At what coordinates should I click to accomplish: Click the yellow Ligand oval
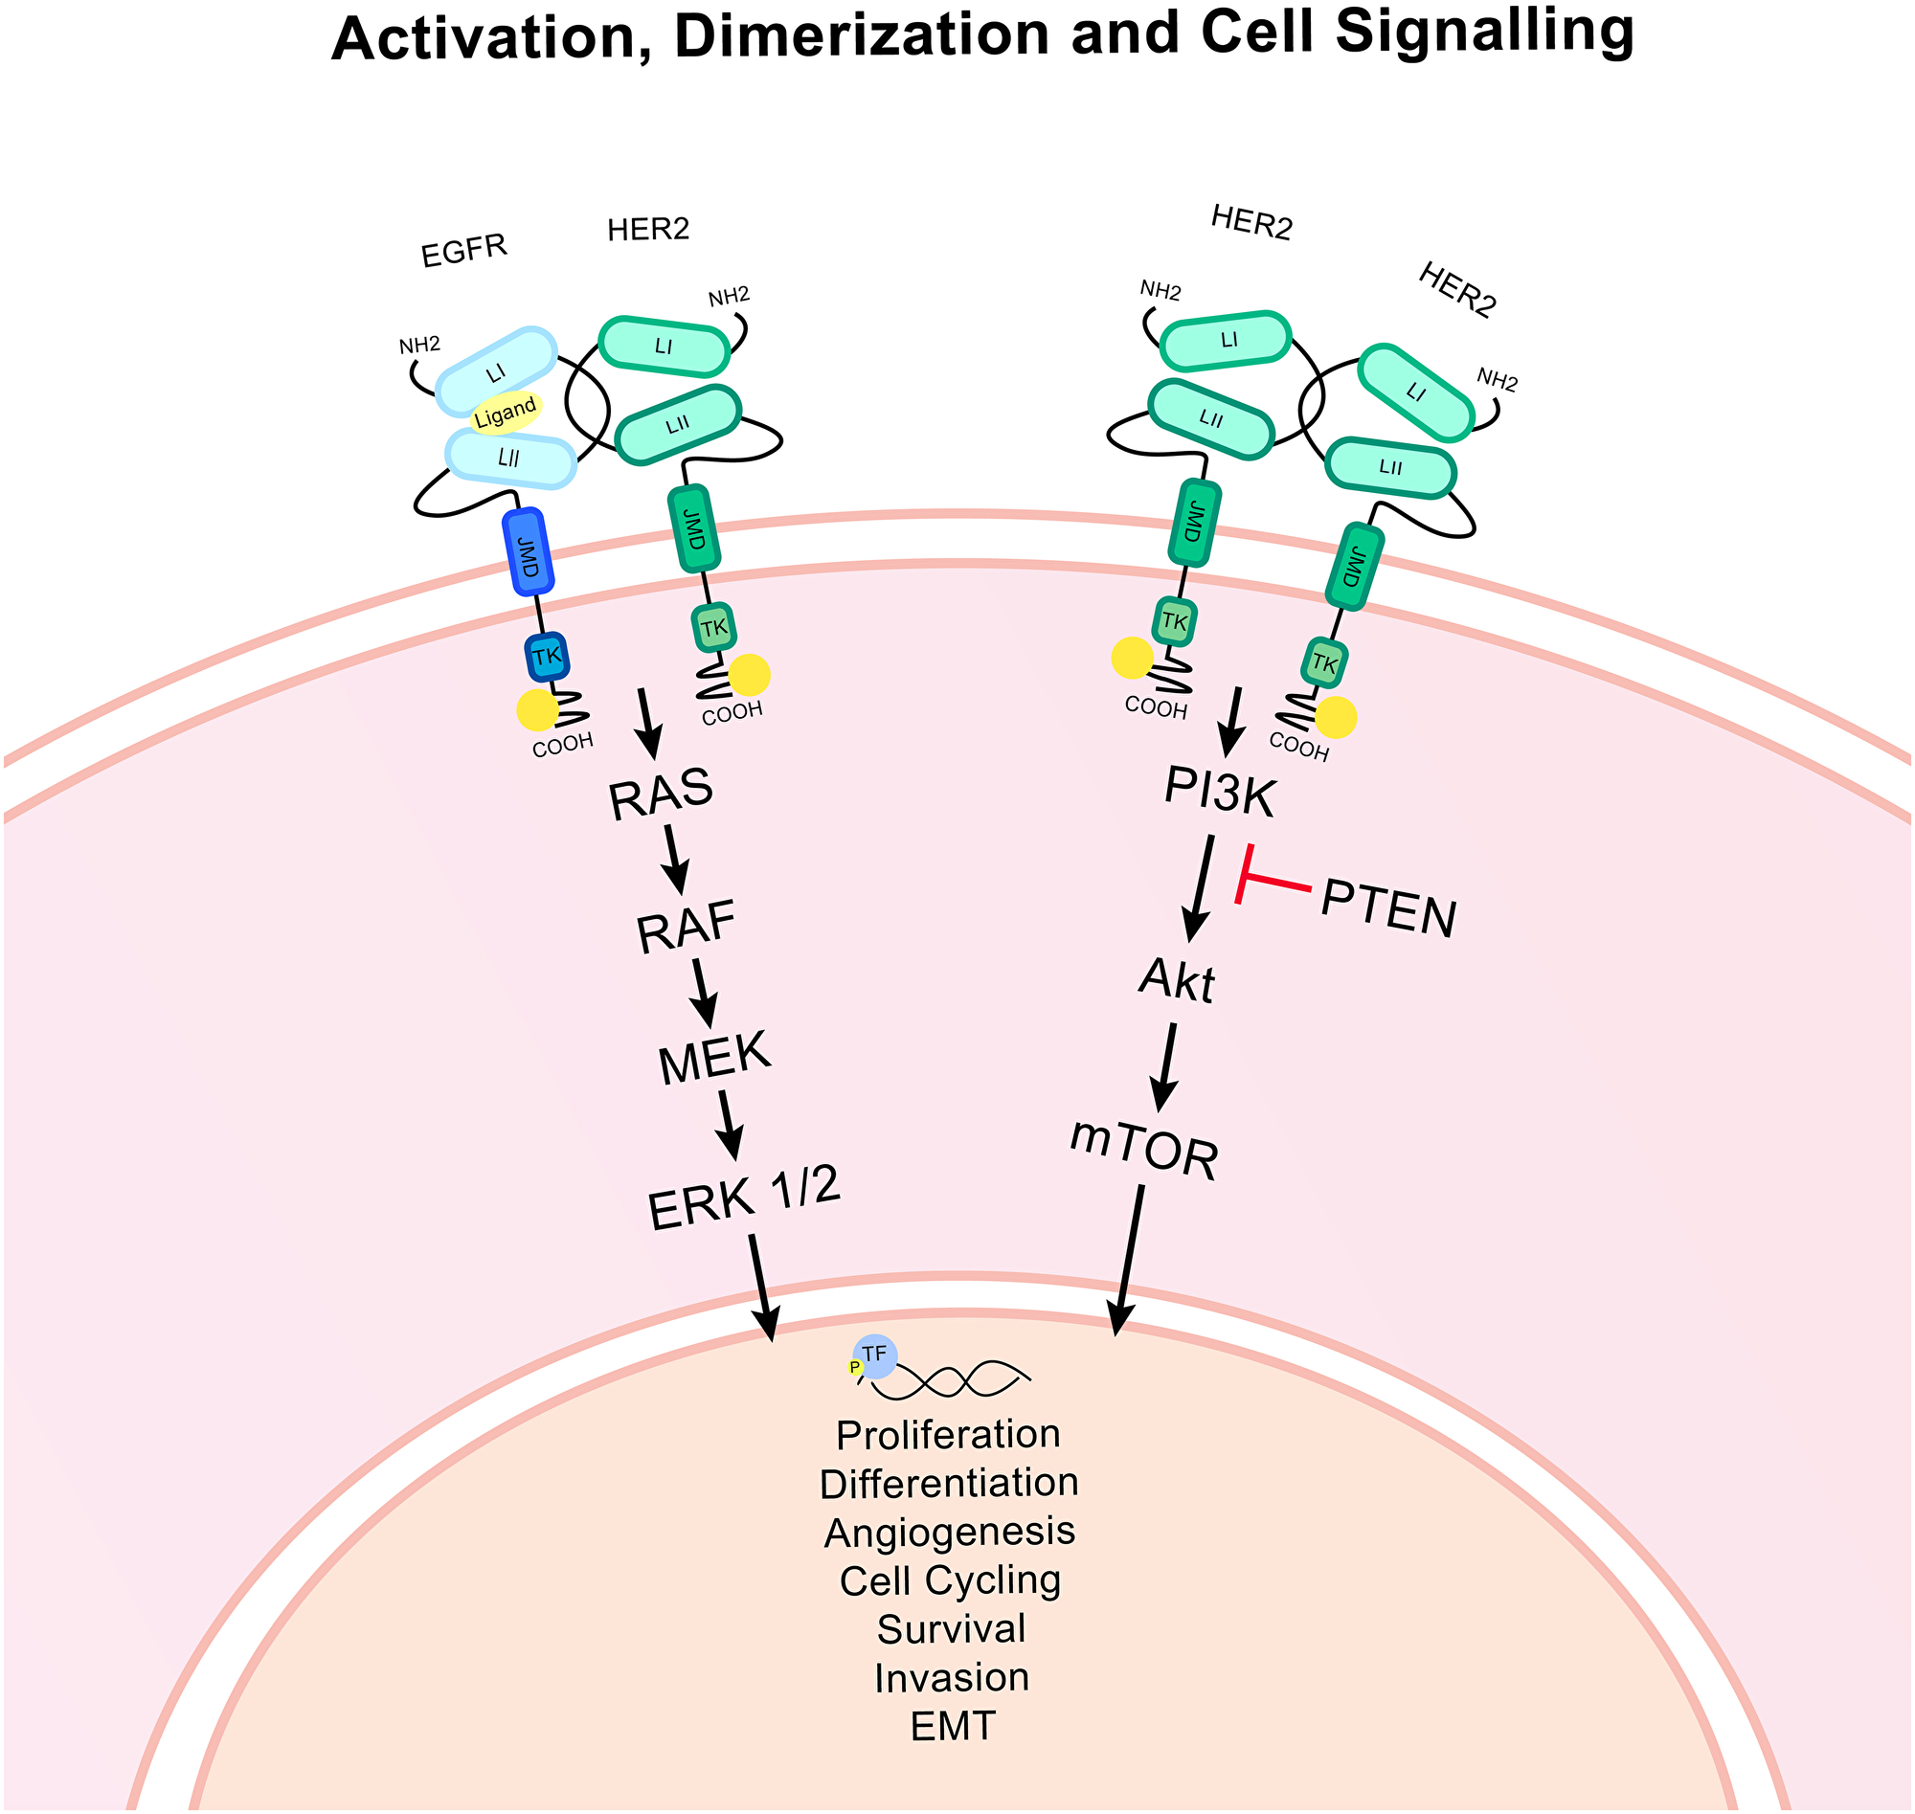pyautogui.click(x=505, y=413)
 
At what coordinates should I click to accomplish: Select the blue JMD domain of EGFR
pyautogui.click(x=529, y=552)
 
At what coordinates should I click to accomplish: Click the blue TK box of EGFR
pyautogui.click(x=547, y=658)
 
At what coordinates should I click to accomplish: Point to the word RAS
pyautogui.click(x=662, y=793)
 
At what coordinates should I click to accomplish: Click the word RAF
pyautogui.click(x=687, y=927)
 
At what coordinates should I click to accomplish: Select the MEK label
pyautogui.click(x=714, y=1056)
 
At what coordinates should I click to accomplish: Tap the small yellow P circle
pyautogui.click(x=855, y=1366)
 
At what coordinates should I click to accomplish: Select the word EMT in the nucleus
pyautogui.click(x=953, y=1727)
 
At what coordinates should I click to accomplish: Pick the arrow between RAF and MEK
pyautogui.click(x=703, y=991)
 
